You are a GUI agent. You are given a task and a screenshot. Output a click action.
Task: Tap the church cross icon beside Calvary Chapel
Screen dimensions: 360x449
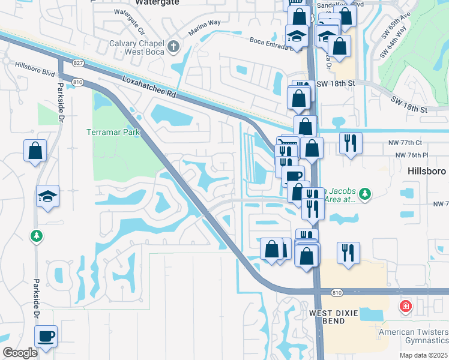pos(173,46)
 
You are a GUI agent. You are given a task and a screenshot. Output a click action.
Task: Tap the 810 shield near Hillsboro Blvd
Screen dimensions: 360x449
pos(77,82)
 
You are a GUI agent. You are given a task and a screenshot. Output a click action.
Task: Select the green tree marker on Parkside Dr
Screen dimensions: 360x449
pos(37,236)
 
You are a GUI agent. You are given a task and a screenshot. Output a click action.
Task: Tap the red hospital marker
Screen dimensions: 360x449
pos(406,307)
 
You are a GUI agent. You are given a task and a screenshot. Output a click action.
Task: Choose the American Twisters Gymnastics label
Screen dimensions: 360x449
pos(413,336)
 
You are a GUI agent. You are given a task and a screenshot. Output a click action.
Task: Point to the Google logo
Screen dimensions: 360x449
pos(20,353)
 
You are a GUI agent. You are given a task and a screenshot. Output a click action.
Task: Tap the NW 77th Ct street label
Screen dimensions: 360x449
pos(409,143)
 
